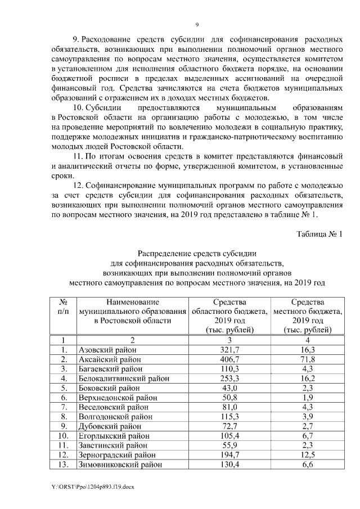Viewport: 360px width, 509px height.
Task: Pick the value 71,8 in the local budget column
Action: pos(307,359)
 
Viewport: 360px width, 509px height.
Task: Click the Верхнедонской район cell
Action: pos(116,398)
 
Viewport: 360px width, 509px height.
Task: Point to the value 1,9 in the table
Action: pos(307,398)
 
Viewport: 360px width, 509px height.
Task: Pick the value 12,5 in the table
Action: pos(307,455)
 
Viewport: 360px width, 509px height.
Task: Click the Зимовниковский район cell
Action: pos(120,465)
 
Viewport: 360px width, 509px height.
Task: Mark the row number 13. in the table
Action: pos(64,465)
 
